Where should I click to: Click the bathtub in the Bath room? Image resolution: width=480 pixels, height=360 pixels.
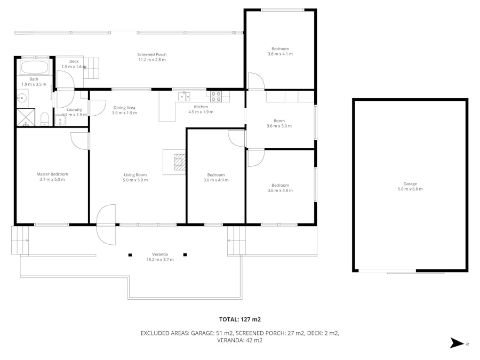point(35,68)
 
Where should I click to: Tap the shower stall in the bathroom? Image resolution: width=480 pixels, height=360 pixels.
point(25,117)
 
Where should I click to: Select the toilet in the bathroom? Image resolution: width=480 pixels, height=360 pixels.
point(45,118)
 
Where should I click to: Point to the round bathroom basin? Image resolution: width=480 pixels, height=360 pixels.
point(22,98)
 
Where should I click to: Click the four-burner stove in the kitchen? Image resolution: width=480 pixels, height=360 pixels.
point(216,97)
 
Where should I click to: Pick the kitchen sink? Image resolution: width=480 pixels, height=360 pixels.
point(184,97)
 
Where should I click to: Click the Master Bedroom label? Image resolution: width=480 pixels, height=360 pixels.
point(52,174)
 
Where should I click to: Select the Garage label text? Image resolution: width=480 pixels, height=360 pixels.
point(410,184)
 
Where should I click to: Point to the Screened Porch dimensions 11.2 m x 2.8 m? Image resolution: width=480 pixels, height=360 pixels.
point(152,60)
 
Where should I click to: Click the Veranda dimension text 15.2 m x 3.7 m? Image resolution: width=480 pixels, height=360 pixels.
point(160,260)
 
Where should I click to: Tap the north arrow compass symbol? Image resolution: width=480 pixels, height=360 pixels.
point(458,343)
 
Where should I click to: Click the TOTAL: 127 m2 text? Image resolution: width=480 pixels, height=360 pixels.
point(240,319)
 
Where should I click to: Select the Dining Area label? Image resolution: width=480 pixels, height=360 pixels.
point(124,108)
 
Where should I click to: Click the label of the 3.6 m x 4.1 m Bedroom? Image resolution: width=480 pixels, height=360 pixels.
point(280,49)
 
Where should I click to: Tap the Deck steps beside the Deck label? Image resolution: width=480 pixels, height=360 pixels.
point(93,68)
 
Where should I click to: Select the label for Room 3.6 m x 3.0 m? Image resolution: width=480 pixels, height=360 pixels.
point(279,121)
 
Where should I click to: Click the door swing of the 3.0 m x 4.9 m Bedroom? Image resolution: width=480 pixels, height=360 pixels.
point(235,138)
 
